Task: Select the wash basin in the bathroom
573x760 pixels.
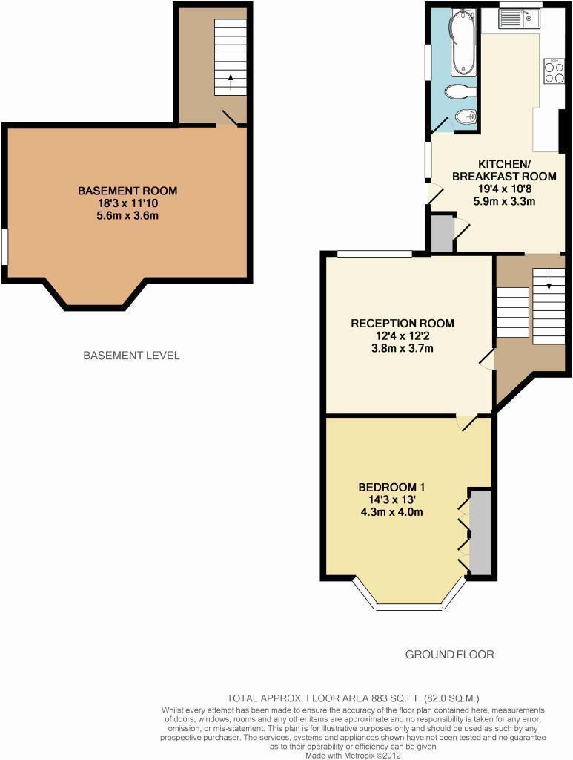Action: pos(466,117)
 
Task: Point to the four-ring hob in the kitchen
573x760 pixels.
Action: pos(553,71)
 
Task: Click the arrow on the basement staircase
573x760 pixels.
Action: pos(231,82)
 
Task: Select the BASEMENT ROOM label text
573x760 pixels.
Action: pos(127,191)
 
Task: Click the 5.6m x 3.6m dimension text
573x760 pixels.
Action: pos(127,216)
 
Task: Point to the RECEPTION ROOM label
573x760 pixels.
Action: pos(403,323)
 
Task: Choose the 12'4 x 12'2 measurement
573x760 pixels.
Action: pos(403,335)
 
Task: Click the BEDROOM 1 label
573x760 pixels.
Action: pos(391,487)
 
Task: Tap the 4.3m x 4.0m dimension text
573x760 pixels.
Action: pos(391,512)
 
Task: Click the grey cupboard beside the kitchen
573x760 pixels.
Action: pos(442,233)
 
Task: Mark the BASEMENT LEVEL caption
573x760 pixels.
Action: pos(131,356)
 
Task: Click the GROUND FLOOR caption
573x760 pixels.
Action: pos(449,654)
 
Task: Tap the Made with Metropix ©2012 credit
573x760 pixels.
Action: pos(353,755)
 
